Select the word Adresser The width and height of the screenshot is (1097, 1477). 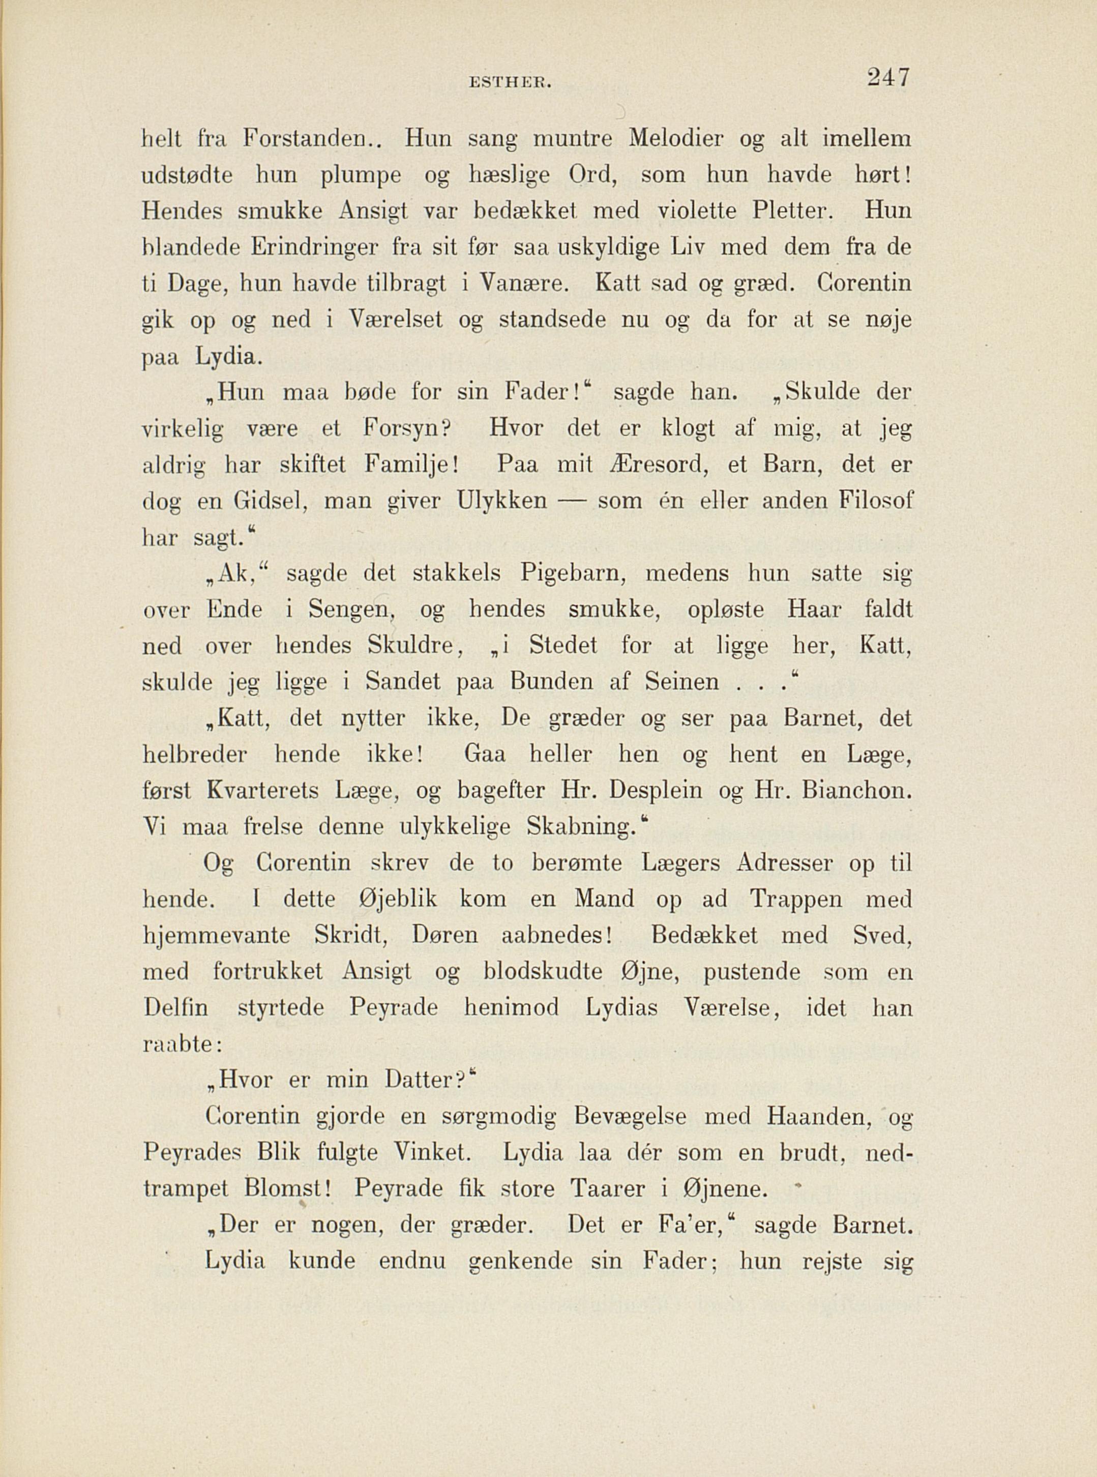point(784,864)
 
